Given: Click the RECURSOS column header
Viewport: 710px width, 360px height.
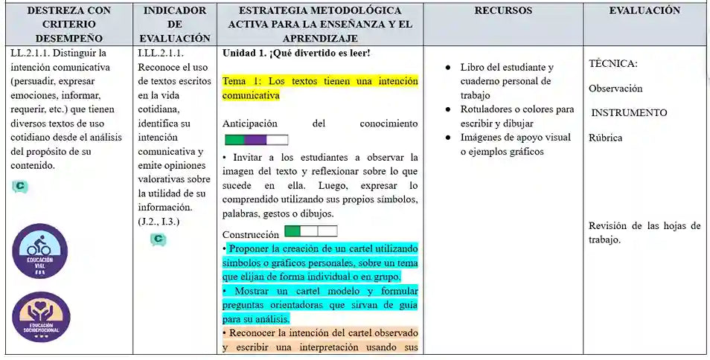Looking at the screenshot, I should [x=503, y=11].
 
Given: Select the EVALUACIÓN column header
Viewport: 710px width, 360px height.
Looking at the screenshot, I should [x=645, y=11].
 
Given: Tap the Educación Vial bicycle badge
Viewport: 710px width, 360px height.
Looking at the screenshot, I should [x=39, y=251].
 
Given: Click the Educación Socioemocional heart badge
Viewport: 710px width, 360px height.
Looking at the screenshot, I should [x=39, y=317].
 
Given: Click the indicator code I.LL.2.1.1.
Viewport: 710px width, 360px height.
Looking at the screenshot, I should [x=161, y=54].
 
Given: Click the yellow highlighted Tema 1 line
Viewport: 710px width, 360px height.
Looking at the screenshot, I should [x=320, y=88].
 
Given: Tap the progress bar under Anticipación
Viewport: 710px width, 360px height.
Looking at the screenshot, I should [x=256, y=140].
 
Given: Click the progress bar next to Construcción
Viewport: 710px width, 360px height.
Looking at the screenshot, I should [x=311, y=231].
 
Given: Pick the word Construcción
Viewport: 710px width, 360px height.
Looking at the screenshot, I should [x=251, y=234].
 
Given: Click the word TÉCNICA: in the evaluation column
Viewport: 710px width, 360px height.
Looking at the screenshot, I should [x=613, y=64].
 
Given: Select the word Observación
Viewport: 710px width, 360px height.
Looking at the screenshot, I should [x=615, y=89].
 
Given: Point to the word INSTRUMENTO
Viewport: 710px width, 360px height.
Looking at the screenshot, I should [x=630, y=113].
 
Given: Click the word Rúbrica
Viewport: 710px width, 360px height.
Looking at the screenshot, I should [x=605, y=138].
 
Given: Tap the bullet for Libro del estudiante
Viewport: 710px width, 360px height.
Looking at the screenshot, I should [x=448, y=68].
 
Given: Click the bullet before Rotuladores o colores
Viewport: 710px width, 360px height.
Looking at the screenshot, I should [x=448, y=109].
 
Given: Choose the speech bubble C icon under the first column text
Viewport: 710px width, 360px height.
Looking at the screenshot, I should [x=20, y=187].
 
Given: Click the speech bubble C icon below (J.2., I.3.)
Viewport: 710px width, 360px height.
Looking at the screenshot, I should [x=158, y=240].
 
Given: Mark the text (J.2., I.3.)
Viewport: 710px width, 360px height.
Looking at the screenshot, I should [x=159, y=222].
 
